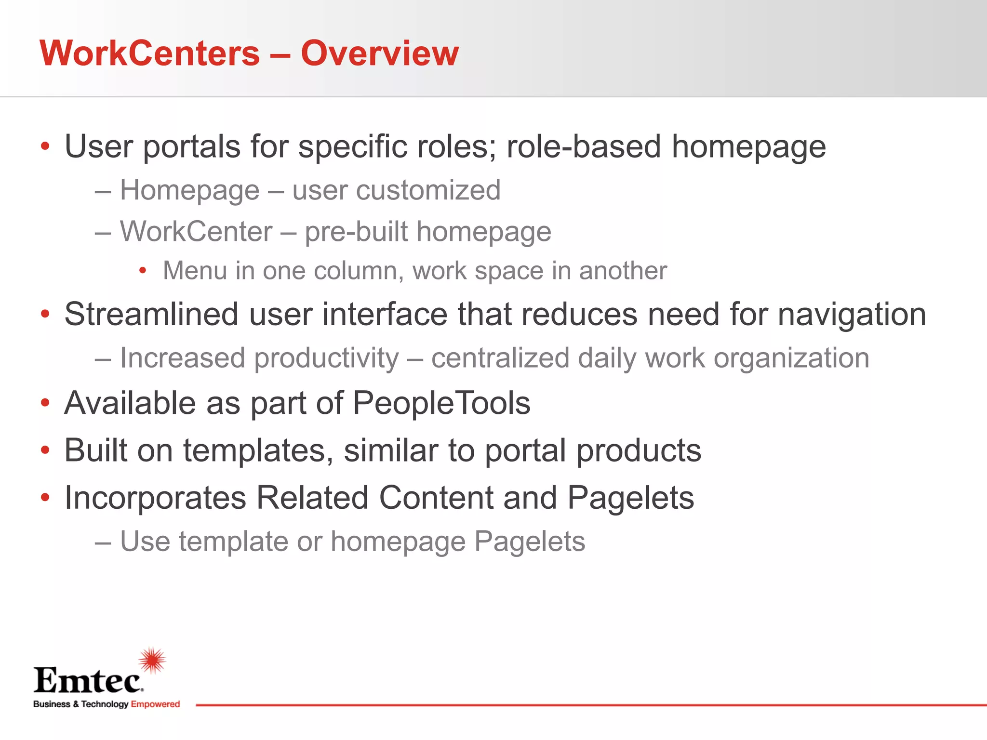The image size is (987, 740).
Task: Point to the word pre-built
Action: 356,232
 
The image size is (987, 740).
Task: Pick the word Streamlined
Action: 151,314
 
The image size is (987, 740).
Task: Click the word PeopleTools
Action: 441,403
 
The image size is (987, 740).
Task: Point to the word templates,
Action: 258,451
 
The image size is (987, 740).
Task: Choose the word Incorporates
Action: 155,498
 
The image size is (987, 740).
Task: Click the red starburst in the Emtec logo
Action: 152,660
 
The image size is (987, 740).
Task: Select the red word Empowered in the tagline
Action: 155,704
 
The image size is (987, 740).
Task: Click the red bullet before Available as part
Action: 45,403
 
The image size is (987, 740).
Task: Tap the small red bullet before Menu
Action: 142,271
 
